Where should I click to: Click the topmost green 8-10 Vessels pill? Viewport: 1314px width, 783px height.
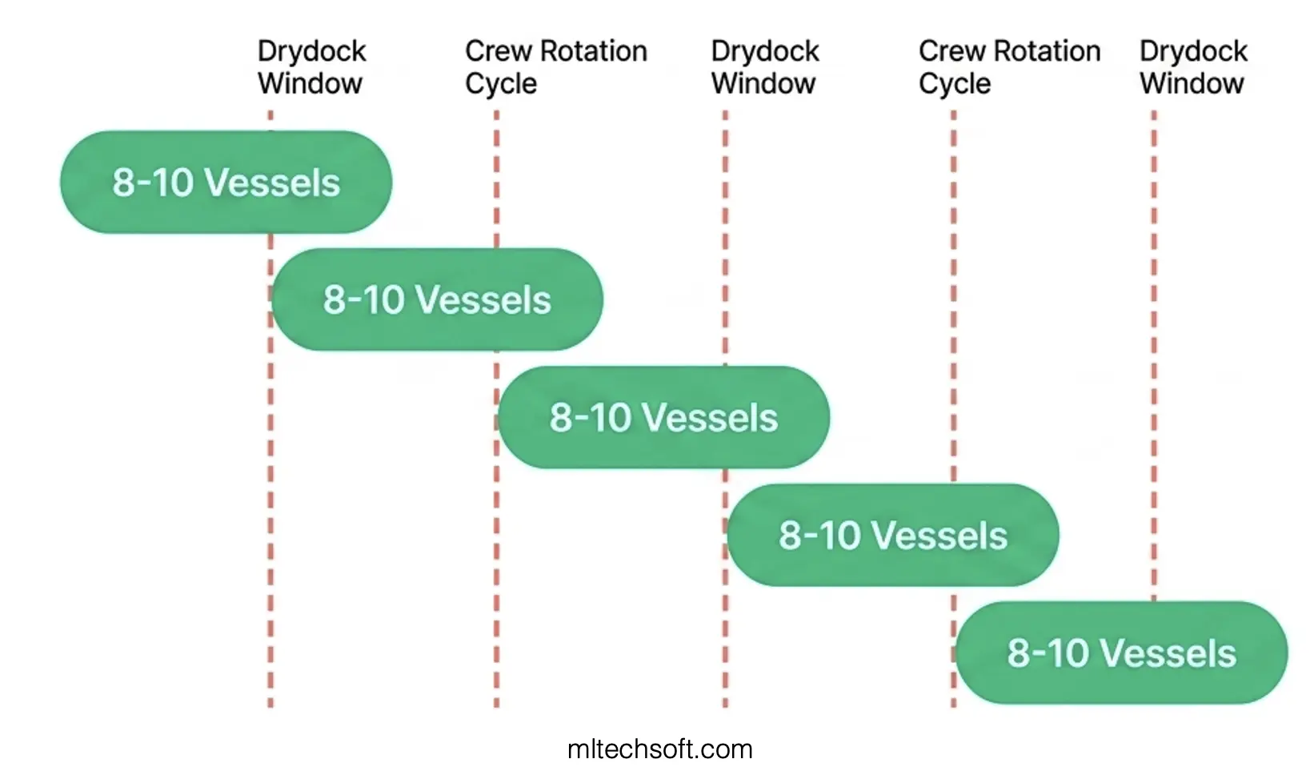pyautogui.click(x=226, y=183)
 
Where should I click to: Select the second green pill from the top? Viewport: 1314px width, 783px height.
pyautogui.click(x=437, y=300)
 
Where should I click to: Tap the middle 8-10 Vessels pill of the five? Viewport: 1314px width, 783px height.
pyautogui.click(x=663, y=418)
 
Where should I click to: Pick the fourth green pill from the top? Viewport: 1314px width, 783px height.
pyautogui.click(x=892, y=536)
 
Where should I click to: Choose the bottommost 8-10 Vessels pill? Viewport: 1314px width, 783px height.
pyautogui.click(x=1121, y=653)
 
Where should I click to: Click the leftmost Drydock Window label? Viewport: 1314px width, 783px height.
pyautogui.click(x=311, y=67)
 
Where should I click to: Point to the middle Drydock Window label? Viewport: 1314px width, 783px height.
pyautogui.click(x=764, y=67)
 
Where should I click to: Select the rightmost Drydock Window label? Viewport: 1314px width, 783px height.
pyautogui.click(x=1192, y=67)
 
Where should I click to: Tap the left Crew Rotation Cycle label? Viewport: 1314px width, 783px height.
pyautogui.click(x=555, y=67)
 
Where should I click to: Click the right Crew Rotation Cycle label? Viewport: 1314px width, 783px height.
pyautogui.click(x=1009, y=67)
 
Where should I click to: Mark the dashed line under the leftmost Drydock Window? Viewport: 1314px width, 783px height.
pyautogui.click(x=270, y=480)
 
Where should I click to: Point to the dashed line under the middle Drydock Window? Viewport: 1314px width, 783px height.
pyautogui.click(x=726, y=240)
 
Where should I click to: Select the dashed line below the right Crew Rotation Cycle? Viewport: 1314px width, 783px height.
pyautogui.click(x=953, y=320)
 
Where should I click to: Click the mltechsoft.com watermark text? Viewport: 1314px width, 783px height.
pyautogui.click(x=659, y=749)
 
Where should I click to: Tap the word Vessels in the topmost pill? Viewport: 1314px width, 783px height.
pyautogui.click(x=273, y=183)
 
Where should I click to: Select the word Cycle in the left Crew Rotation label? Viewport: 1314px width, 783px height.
pyautogui.click(x=501, y=84)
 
